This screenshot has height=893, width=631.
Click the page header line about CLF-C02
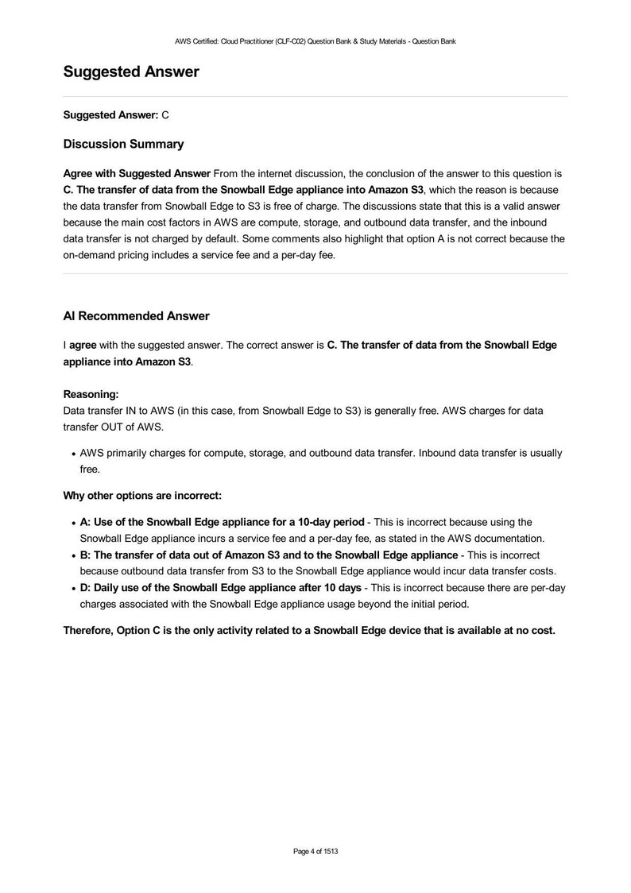coord(315,41)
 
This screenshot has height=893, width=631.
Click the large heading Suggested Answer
coord(131,72)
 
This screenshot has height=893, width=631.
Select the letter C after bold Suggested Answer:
coord(165,115)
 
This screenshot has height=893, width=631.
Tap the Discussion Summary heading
coord(123,145)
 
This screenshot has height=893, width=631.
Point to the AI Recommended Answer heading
coord(136,316)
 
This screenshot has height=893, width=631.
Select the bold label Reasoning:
coord(91,393)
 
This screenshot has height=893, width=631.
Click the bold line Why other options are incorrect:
coord(141,496)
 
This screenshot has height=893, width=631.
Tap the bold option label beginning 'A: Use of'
coord(222,522)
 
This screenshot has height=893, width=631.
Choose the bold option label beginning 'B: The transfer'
coord(269,555)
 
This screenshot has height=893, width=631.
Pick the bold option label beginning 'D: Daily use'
coord(220,587)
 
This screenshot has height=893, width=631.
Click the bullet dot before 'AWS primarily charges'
coord(73,454)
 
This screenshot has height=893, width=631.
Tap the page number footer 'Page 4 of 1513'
coord(315,852)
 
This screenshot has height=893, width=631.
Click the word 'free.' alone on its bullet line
coord(90,470)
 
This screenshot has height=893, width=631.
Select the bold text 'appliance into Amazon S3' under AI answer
coord(127,361)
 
